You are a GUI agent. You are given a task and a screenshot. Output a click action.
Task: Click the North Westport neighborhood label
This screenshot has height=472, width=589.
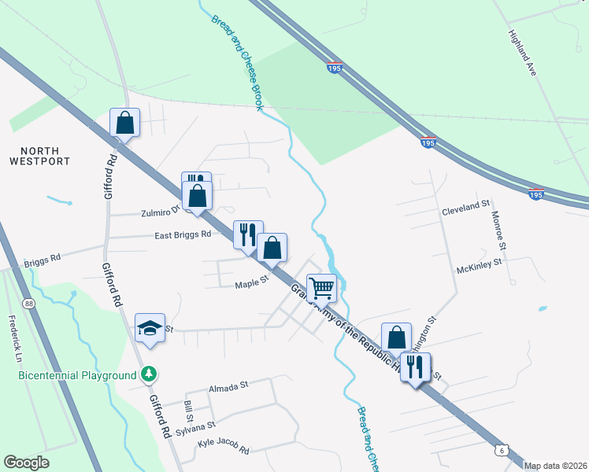pyautogui.click(x=40, y=156)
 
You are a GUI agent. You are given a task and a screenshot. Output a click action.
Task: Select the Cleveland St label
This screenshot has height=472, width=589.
pyautogui.click(x=465, y=207)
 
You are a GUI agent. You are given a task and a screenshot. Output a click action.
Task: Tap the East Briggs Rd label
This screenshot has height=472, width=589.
pyautogui.click(x=183, y=234)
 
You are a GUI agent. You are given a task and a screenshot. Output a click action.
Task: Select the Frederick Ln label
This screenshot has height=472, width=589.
pyautogui.click(x=14, y=334)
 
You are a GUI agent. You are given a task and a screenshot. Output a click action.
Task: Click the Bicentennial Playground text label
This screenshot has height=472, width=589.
pyautogui.click(x=77, y=375)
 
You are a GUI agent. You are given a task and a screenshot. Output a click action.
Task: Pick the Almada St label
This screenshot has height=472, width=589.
pyautogui.click(x=228, y=385)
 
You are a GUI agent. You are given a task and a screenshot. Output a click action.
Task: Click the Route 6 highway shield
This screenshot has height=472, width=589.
pyautogui.click(x=502, y=449)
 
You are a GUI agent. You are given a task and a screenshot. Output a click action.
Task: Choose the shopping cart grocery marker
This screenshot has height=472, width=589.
pyautogui.click(x=321, y=288)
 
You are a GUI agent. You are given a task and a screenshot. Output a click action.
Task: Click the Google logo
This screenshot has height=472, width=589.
pyautogui.click(x=26, y=463)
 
